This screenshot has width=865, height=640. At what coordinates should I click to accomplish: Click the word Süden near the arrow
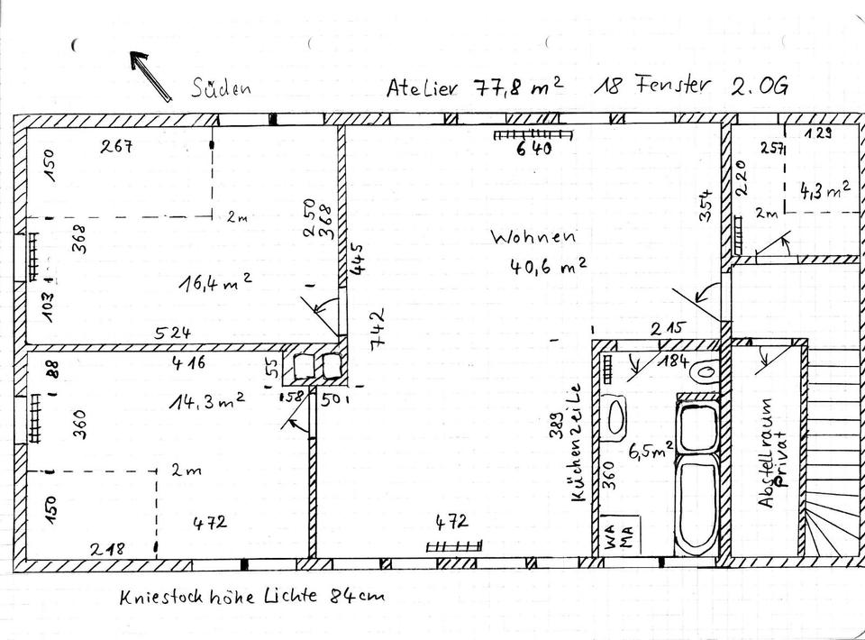pos(220,87)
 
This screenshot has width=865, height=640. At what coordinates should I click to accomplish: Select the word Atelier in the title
pos(423,87)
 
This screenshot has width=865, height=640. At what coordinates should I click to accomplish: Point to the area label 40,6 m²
pos(549,267)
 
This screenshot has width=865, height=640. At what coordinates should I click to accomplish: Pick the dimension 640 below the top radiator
pos(533,149)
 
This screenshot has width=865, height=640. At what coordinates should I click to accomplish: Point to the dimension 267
pos(117,147)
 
